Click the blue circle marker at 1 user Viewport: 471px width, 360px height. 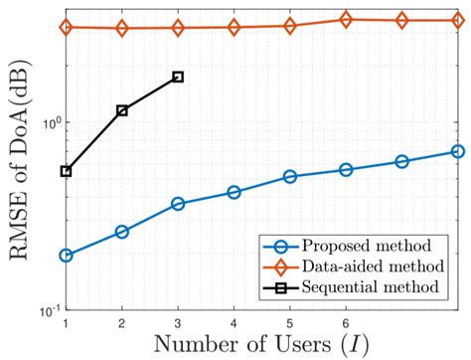tap(66, 256)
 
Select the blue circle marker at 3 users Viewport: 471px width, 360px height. tap(178, 204)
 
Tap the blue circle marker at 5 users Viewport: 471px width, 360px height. tap(290, 177)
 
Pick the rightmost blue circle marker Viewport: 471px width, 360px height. tap(458, 151)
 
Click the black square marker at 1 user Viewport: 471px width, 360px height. tap(66, 171)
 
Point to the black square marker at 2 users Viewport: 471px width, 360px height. tap(122, 110)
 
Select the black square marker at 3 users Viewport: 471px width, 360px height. tap(178, 77)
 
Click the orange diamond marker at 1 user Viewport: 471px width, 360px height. tap(66, 27)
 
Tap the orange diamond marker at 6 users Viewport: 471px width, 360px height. tap(346, 19)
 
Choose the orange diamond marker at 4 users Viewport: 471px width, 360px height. tap(235, 27)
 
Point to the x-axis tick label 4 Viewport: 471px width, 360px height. tap(235, 323)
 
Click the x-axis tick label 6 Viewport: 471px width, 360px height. tap(346, 323)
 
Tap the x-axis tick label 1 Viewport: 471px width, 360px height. tap(66, 323)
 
